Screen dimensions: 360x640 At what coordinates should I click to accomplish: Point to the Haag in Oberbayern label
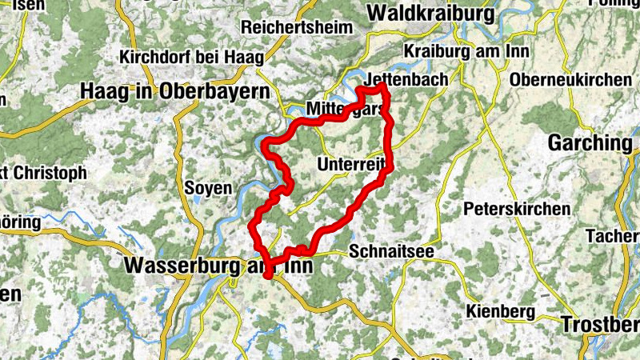[174, 92]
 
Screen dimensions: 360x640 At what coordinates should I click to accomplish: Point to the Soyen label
[208, 189]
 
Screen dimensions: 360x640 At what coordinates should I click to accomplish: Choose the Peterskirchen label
[517, 209]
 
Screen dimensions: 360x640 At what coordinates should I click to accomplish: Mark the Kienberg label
[499, 310]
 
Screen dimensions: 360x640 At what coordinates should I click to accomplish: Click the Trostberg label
[600, 324]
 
